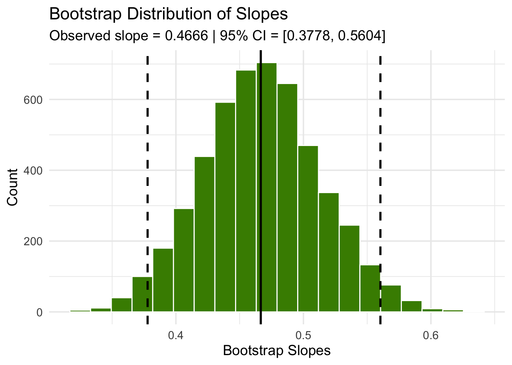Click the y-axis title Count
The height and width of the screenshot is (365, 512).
13,187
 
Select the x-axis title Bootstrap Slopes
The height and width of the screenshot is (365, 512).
277,351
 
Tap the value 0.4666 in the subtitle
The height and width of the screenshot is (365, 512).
187,36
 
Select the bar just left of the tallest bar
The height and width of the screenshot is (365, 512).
246,190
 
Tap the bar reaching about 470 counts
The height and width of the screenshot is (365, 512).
308,228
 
